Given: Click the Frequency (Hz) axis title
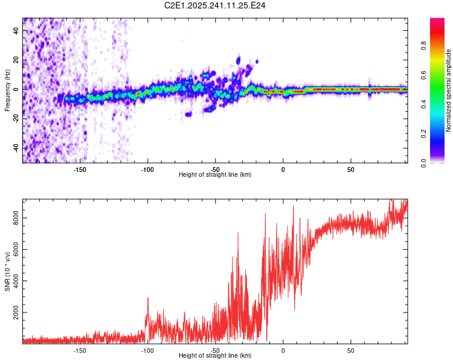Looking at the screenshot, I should click(7, 91).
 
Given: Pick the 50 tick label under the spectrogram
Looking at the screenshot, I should click(351, 169).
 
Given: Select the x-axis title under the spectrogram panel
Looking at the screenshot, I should click(215, 175).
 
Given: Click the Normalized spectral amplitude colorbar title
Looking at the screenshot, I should click(449, 91).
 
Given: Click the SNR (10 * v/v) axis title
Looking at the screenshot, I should click(7, 271).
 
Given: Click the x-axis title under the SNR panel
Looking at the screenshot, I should click(215, 356).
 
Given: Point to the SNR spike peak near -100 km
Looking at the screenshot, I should click(148, 297).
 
